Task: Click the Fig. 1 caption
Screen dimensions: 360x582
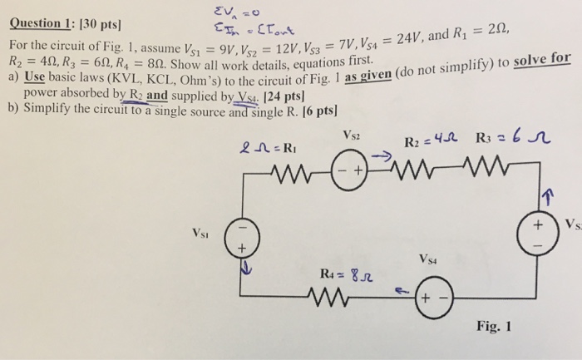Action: tap(497, 325)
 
